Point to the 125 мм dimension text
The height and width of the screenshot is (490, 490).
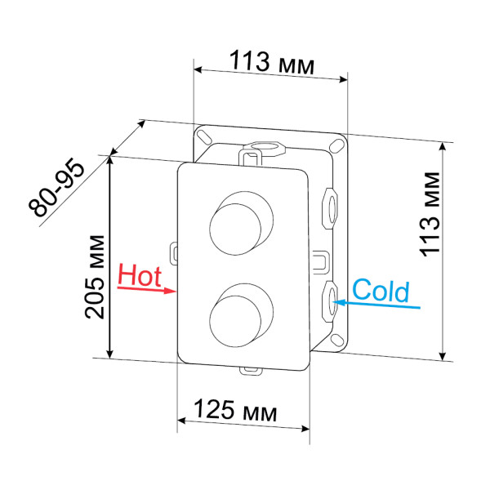click(x=238, y=411)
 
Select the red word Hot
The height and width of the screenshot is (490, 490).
click(x=140, y=275)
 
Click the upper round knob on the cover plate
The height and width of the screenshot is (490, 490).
click(x=237, y=223)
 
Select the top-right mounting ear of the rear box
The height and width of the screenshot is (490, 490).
click(x=336, y=145)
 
